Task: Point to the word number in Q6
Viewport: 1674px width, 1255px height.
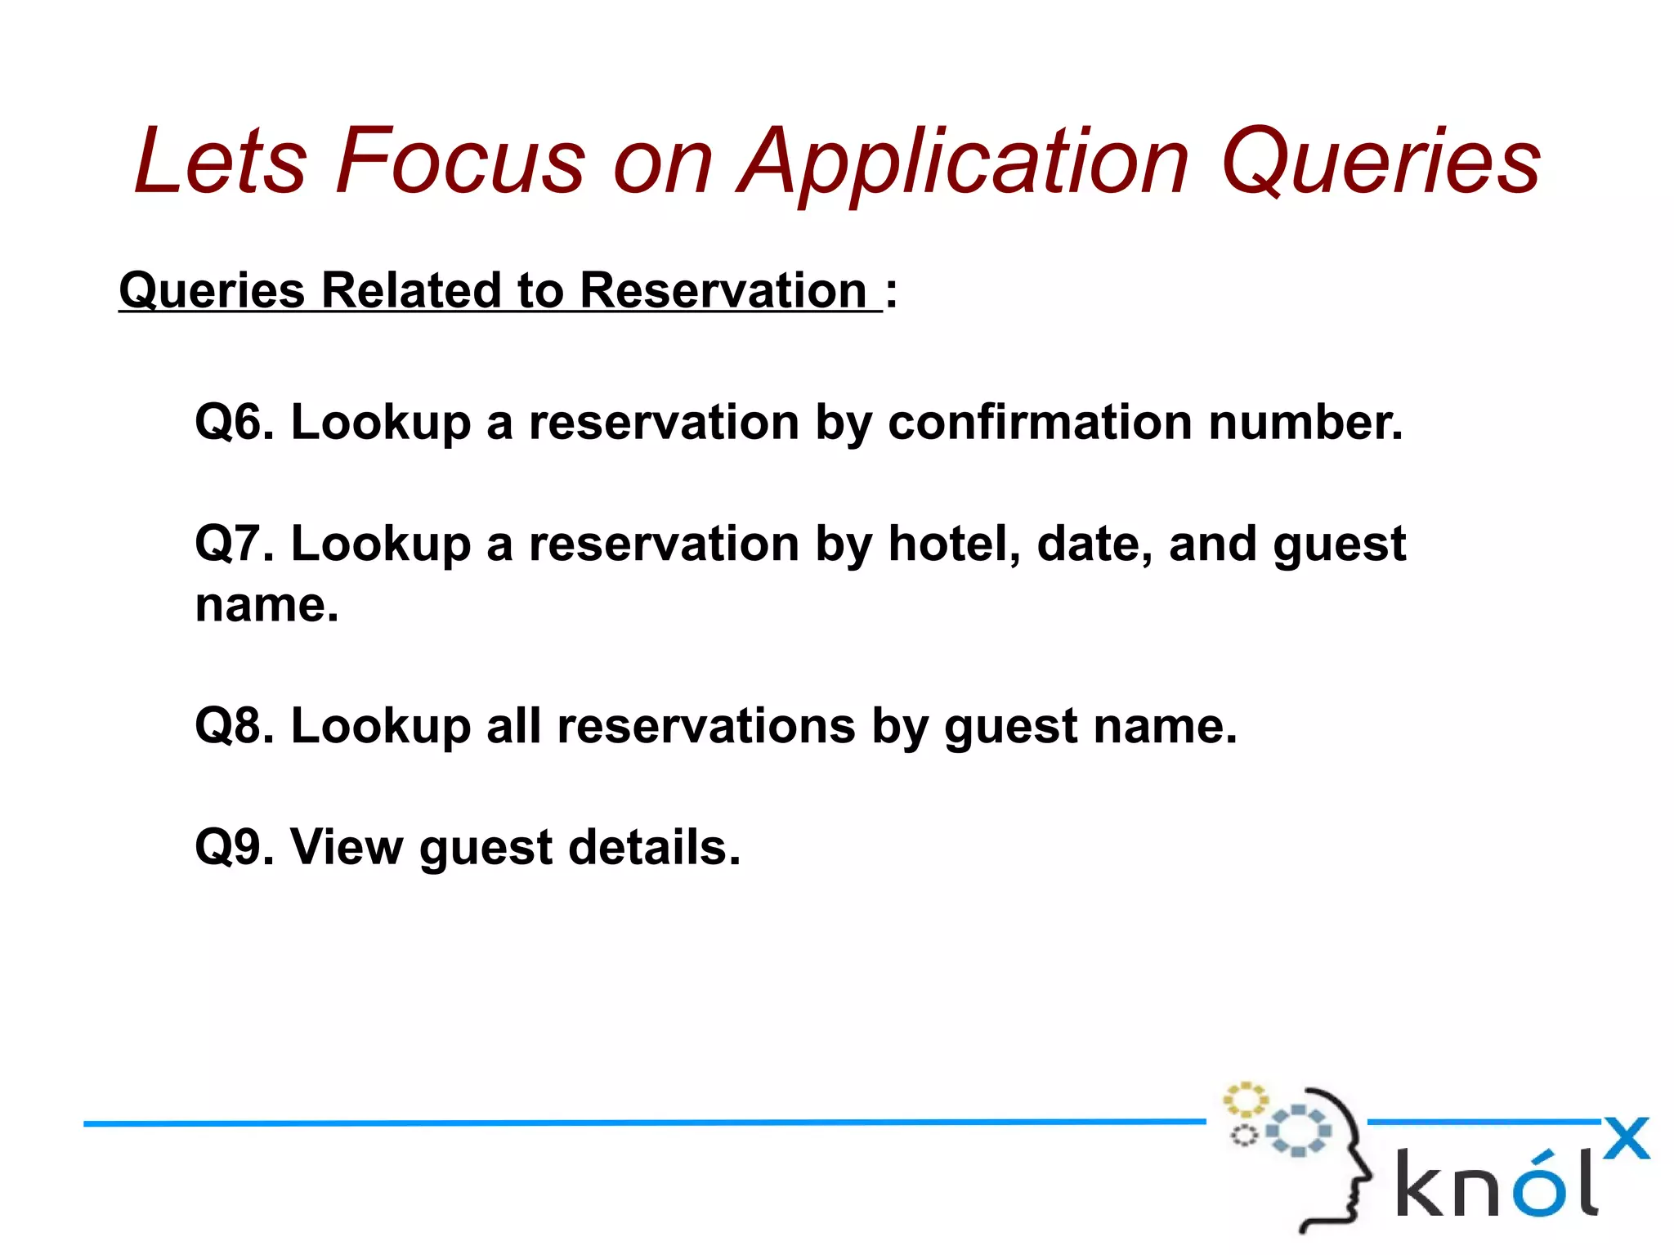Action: tap(1305, 423)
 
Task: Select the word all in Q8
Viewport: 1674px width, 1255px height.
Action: tap(513, 726)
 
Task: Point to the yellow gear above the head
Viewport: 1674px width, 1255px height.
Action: tap(1245, 1100)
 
